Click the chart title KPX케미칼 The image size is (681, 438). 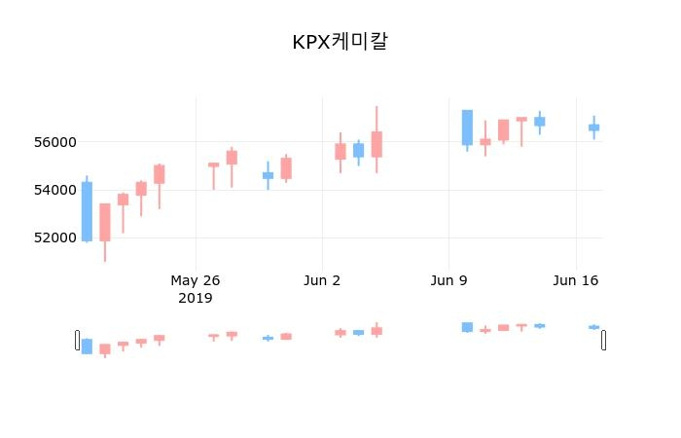coord(340,43)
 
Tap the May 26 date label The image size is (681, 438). coord(196,281)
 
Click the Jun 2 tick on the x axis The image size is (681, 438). coord(322,281)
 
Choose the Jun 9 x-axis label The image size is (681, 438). coord(448,281)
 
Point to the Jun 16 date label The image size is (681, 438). coord(575,281)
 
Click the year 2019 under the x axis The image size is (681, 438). coord(196,298)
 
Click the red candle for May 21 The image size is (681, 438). coord(105,222)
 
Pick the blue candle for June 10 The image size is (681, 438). coord(467,128)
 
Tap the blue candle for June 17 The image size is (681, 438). coord(593,128)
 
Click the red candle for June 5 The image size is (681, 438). coord(376,144)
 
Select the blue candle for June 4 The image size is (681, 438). coord(358,150)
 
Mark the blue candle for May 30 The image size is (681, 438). coord(268,175)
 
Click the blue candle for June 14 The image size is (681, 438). coord(539,122)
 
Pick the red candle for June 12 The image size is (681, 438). coord(503,130)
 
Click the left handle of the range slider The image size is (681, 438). coord(77,340)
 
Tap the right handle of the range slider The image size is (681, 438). coord(604,340)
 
